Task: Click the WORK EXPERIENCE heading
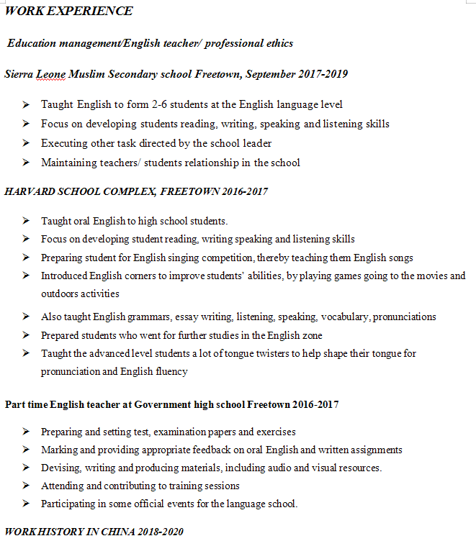pos(68,11)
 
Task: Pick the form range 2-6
pos(161,104)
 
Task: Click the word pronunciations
pos(406,317)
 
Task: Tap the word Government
pos(159,404)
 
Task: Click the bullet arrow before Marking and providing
pos(26,450)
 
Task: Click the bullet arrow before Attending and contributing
pos(26,486)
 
